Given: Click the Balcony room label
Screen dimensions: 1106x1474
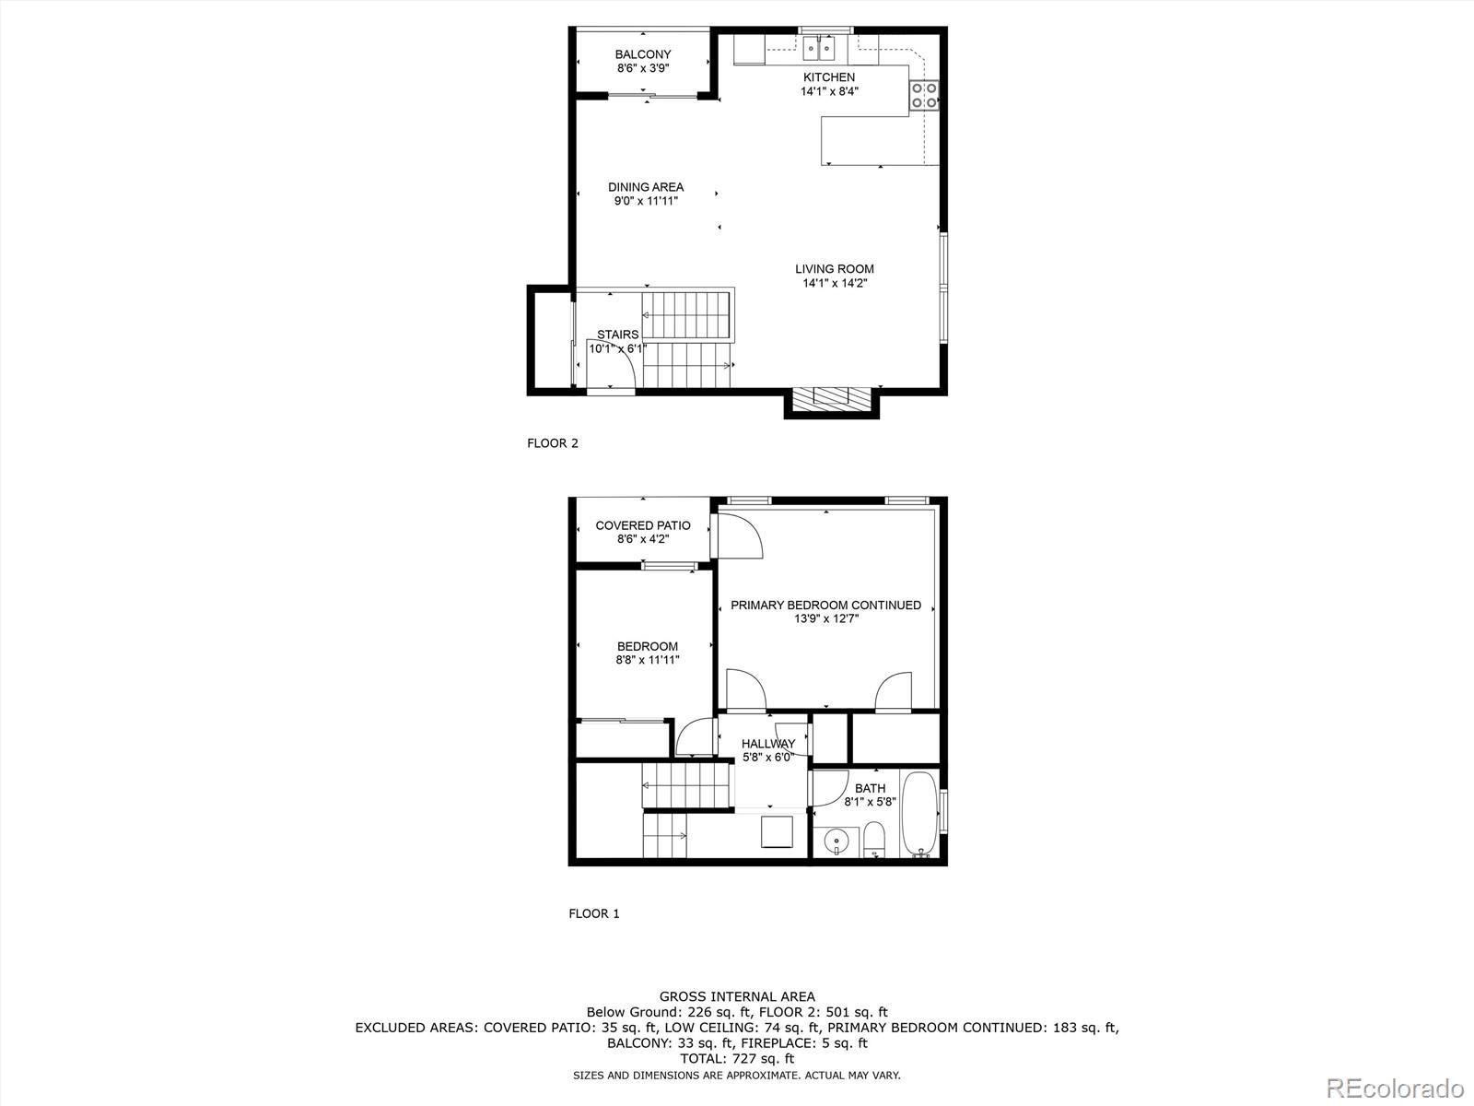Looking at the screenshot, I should point(643,61).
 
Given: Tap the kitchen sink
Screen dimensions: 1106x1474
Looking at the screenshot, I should point(819,47).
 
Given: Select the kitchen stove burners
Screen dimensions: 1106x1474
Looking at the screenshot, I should point(924,95).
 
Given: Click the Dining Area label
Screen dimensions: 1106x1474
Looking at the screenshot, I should point(646,194).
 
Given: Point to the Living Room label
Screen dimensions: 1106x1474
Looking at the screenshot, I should point(835,276).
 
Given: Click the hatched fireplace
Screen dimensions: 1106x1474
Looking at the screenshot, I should point(832,397).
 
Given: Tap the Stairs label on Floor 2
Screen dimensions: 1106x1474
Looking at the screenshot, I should point(617,341).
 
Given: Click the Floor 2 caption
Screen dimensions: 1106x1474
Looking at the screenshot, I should point(553,443).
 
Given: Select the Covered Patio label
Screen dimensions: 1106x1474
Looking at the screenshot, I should point(643,532).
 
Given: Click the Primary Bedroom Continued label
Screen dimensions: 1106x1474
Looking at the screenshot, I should point(825,611).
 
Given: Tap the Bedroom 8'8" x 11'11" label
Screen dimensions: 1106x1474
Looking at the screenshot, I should point(648,653).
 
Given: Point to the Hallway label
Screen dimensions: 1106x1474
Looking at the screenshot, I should point(768,750).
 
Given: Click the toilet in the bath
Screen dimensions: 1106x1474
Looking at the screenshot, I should point(874,841).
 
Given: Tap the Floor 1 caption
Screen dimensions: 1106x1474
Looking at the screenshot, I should point(594,913).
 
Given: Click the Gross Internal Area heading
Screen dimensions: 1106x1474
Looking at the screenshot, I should point(737,996).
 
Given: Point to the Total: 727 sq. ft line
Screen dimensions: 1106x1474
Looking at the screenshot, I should point(737,1059).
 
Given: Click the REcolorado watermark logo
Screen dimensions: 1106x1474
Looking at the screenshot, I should point(1395,1088).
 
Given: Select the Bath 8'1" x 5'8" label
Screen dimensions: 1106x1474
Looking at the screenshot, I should point(871,794).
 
